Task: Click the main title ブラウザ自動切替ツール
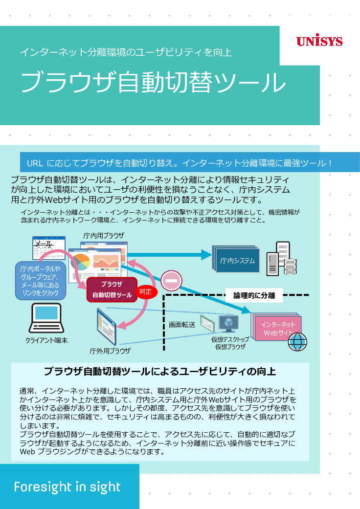click(153, 82)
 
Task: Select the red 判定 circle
click(145, 291)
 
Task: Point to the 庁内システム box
click(237, 261)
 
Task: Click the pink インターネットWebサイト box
click(277, 328)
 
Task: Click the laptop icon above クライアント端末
click(46, 318)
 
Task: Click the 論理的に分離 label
click(254, 295)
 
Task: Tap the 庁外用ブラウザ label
click(110, 351)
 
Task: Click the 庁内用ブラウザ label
click(104, 236)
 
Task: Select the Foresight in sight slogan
click(67, 487)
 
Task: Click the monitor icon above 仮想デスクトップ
click(228, 323)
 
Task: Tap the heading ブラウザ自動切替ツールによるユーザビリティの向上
click(160, 371)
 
